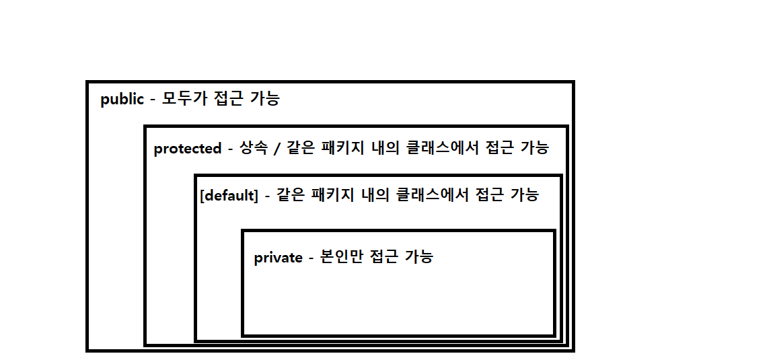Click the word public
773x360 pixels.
coord(122,100)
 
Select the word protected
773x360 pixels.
coord(188,149)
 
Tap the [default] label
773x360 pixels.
coord(229,196)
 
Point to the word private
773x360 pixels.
coord(278,258)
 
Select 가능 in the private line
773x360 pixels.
coord(418,257)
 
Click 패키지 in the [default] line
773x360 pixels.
coord(336,195)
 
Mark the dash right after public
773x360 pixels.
coord(153,100)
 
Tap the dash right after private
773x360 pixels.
coord(311,258)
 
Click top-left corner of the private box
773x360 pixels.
coord(243,231)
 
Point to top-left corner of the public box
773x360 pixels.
coord(88,83)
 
